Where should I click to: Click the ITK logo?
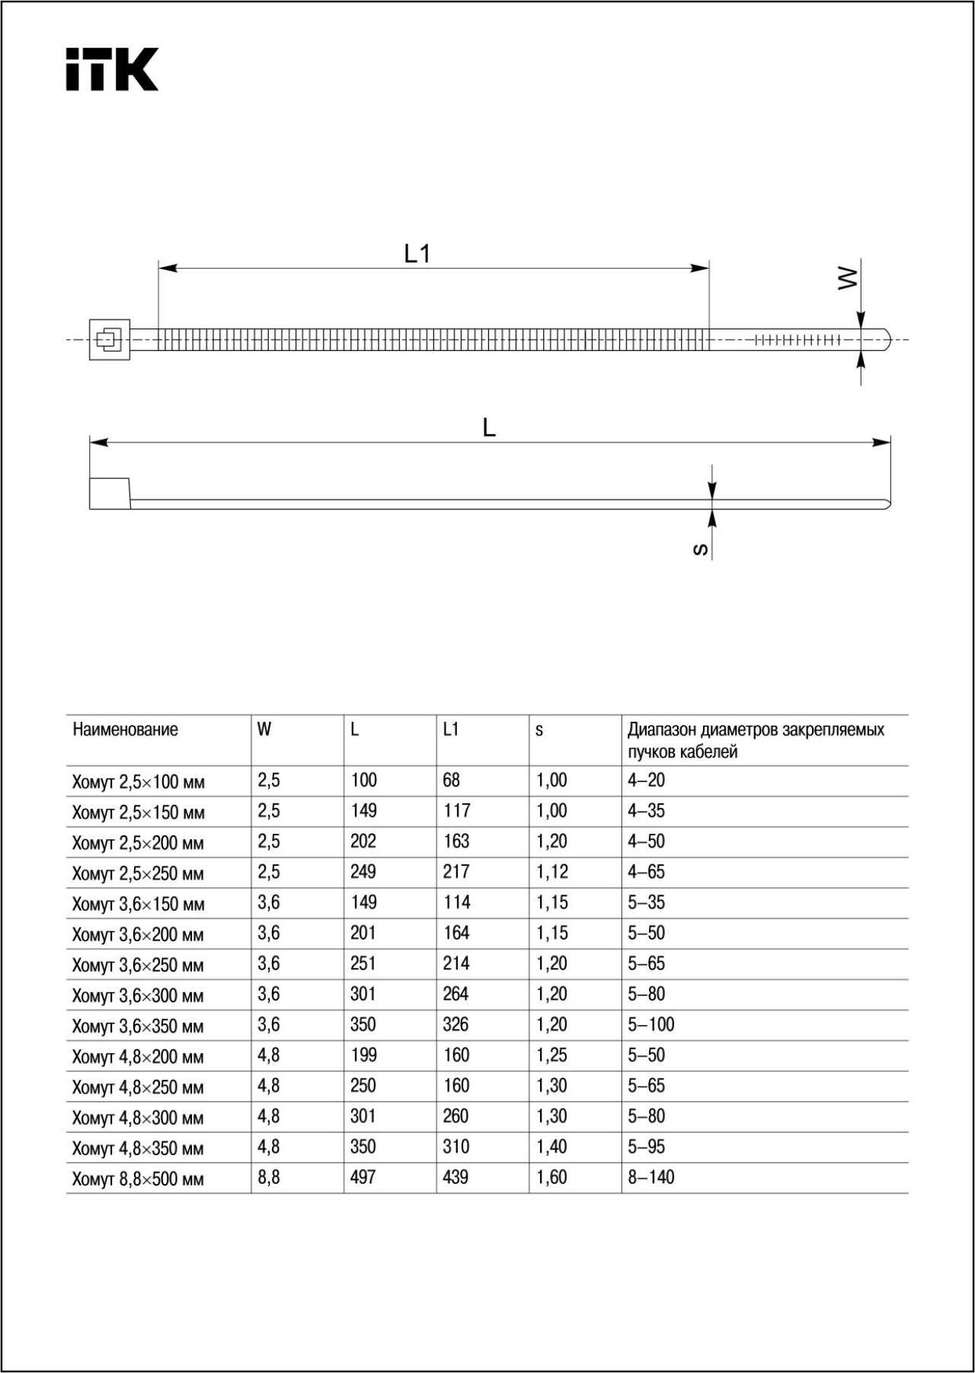(x=112, y=69)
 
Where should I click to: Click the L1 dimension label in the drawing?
(x=417, y=254)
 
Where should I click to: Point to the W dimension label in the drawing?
(x=847, y=278)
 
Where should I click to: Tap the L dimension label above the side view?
(x=489, y=428)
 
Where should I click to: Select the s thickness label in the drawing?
(x=701, y=549)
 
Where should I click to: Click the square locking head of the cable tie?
(x=109, y=340)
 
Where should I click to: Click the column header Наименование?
(x=125, y=730)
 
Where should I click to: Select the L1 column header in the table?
(x=451, y=730)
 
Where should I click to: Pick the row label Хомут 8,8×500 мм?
(x=138, y=1180)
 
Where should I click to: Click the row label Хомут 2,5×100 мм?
(x=138, y=782)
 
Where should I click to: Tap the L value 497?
(x=363, y=1177)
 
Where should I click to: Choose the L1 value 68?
(x=451, y=781)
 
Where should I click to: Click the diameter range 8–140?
(x=651, y=1177)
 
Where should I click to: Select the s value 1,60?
(x=551, y=1177)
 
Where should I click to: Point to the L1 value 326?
(x=456, y=1024)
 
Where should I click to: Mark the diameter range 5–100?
(x=651, y=1024)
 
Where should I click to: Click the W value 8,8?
(x=269, y=1177)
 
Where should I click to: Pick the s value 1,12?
(x=551, y=872)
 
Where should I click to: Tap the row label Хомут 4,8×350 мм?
(x=138, y=1148)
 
